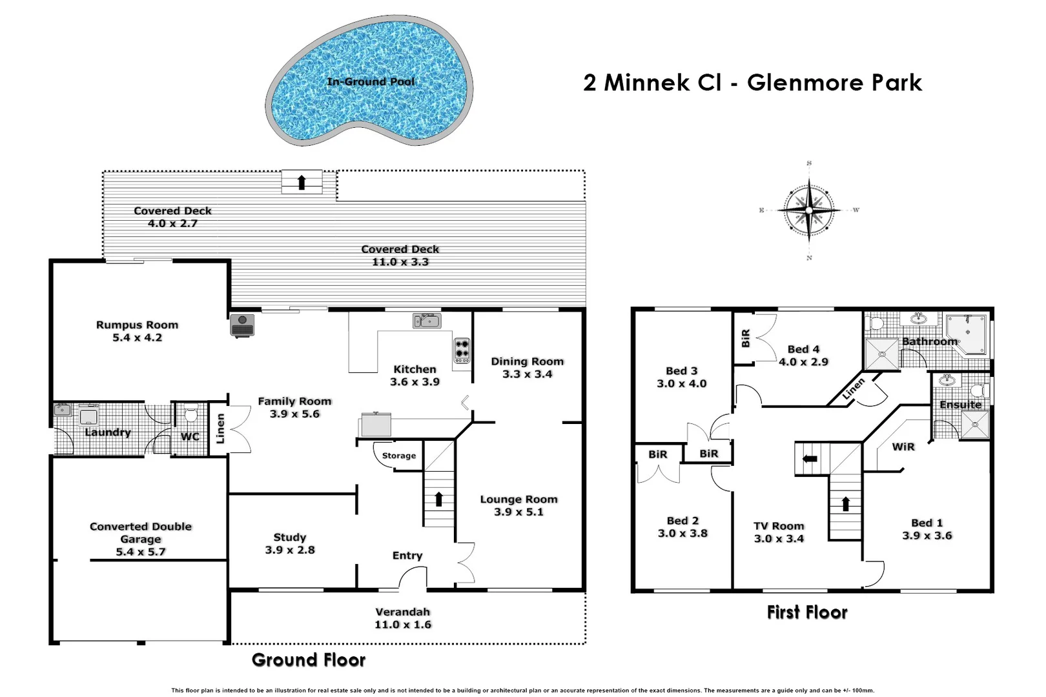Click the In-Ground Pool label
click(371, 82)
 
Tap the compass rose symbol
click(809, 210)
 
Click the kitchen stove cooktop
click(462, 350)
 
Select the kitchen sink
click(427, 321)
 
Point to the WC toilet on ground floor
click(190, 414)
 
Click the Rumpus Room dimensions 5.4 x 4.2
click(137, 338)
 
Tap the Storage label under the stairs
click(398, 456)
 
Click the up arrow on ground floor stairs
click(439, 499)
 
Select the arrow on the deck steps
click(302, 182)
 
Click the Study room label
click(289, 537)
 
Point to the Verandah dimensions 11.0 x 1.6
click(402, 625)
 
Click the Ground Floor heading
click(309, 660)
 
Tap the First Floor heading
click(806, 612)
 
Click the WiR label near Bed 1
click(903, 447)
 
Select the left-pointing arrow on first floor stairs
click(810, 459)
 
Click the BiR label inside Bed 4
click(745, 338)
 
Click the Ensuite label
click(960, 405)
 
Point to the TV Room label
click(779, 526)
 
